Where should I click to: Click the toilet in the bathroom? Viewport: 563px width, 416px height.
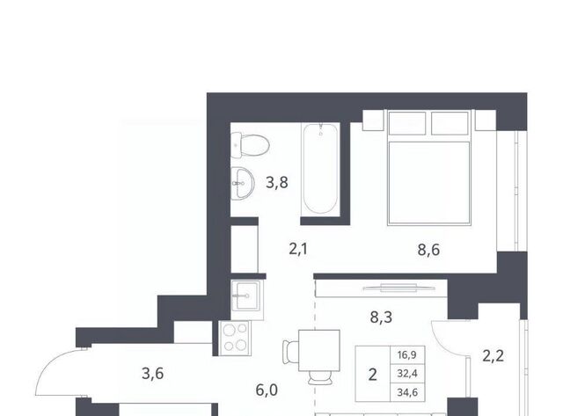click(250, 145)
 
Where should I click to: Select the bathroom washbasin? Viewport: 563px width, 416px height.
click(243, 184)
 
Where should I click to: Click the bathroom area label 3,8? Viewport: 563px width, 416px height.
click(277, 182)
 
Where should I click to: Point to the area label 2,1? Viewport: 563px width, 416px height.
click(298, 249)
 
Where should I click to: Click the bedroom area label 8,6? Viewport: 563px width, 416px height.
click(428, 250)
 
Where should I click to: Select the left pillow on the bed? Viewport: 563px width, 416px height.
click(406, 123)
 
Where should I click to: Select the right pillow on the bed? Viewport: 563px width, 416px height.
click(450, 123)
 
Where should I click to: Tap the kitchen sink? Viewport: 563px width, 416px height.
click(246, 295)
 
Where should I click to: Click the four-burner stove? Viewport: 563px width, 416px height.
click(235, 338)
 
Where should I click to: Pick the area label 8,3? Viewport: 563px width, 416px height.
click(381, 317)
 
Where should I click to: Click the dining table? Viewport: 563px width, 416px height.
click(319, 350)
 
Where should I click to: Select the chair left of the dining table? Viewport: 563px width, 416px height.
click(291, 352)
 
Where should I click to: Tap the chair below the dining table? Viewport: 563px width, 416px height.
click(319, 377)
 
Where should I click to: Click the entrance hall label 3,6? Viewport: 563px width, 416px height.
click(152, 374)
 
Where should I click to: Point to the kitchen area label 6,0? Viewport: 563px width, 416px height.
click(267, 390)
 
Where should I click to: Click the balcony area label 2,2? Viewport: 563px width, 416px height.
click(493, 355)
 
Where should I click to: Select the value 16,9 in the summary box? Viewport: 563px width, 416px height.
click(407, 355)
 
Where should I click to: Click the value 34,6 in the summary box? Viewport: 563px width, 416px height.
click(407, 392)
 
